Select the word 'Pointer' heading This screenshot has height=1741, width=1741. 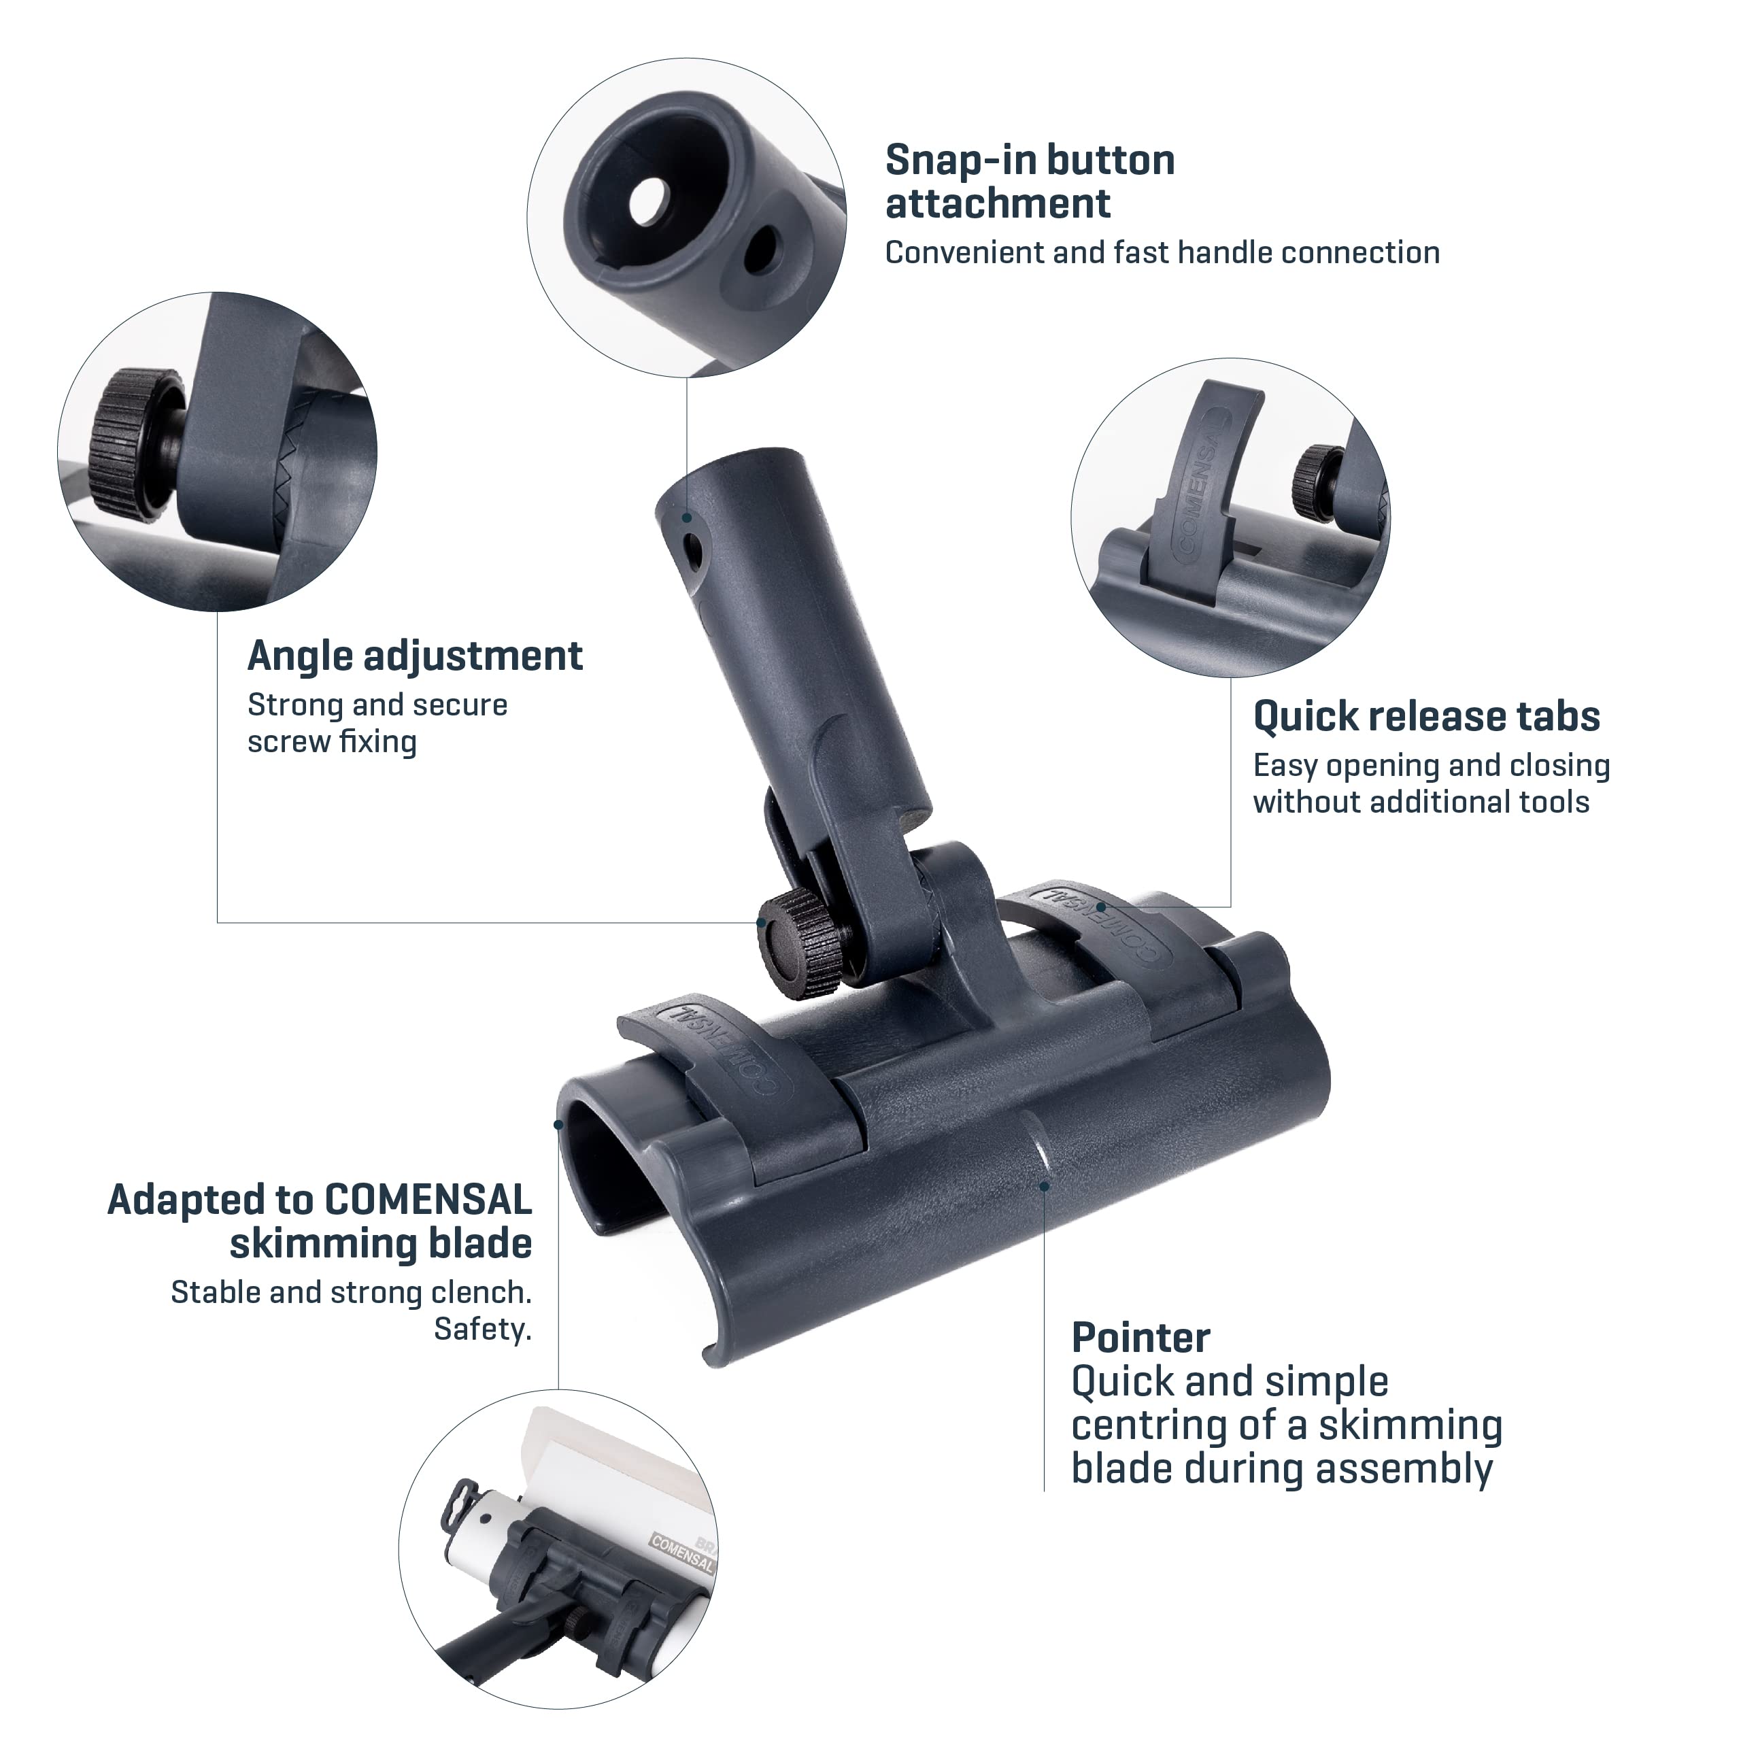tap(1140, 1339)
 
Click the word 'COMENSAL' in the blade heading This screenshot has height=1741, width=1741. tap(428, 1201)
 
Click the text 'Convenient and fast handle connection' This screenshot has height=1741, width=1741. tap(1162, 253)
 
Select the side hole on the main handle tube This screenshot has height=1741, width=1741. tap(692, 552)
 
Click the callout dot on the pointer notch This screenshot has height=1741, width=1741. tap(1045, 1187)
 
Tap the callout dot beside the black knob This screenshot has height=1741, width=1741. tap(762, 923)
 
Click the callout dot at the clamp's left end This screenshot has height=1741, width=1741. tap(559, 1125)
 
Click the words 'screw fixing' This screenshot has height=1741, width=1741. tap(333, 743)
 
